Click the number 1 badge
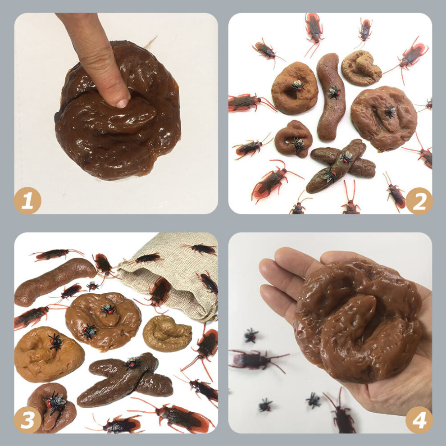click(x=27, y=200)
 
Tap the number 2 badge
click(x=419, y=201)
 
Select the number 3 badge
click(x=27, y=420)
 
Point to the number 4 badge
click(x=419, y=420)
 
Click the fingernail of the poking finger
click(x=123, y=103)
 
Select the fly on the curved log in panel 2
click(x=334, y=92)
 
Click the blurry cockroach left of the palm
click(x=256, y=360)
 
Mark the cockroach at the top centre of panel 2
click(x=314, y=33)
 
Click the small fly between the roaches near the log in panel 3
click(x=92, y=286)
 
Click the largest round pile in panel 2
click(x=383, y=118)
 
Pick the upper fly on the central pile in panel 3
click(x=108, y=309)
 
